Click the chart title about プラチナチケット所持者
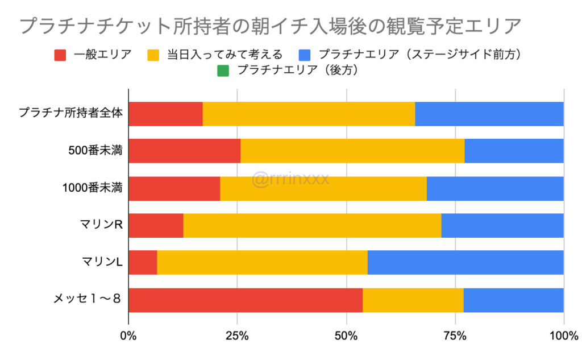269,26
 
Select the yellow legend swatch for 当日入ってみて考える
154,55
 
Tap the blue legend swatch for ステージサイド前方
305,55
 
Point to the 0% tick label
128,336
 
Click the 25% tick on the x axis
237,336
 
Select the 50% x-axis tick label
346,336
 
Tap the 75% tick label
455,336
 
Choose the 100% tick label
563,336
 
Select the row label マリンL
102,262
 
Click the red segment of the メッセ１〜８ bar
246,300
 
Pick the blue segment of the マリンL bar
465,263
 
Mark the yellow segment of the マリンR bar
312,226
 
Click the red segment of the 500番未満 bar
185,151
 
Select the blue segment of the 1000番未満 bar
495,189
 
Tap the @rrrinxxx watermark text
290,180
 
